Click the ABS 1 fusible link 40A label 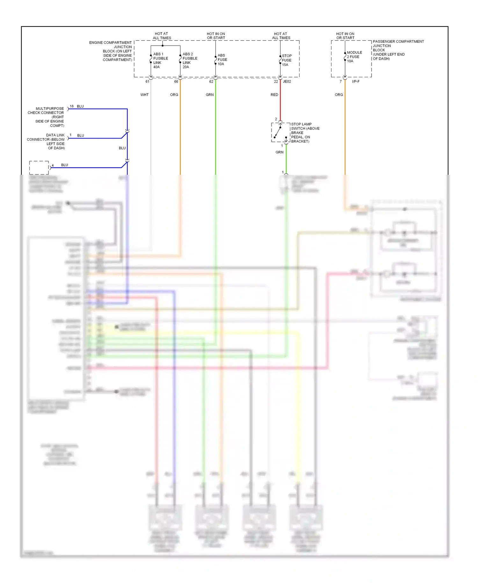coord(160,61)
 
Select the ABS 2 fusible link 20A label coord(190,61)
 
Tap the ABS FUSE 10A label coord(222,60)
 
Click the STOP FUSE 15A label coord(286,60)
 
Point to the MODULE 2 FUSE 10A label coord(354,57)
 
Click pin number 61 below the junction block coord(147,82)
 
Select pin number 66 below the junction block coord(176,82)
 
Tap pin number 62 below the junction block coord(211,82)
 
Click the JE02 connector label coord(287,82)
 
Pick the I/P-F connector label coord(356,82)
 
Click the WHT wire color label coord(144,95)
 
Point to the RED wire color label coord(274,95)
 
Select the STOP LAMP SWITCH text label coord(305,133)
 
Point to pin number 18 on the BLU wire coord(72,106)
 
